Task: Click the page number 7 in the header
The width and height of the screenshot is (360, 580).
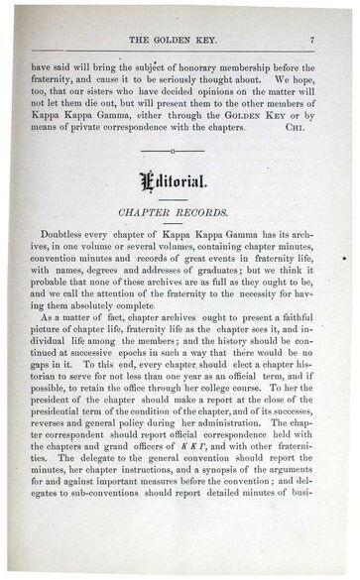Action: click(310, 39)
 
